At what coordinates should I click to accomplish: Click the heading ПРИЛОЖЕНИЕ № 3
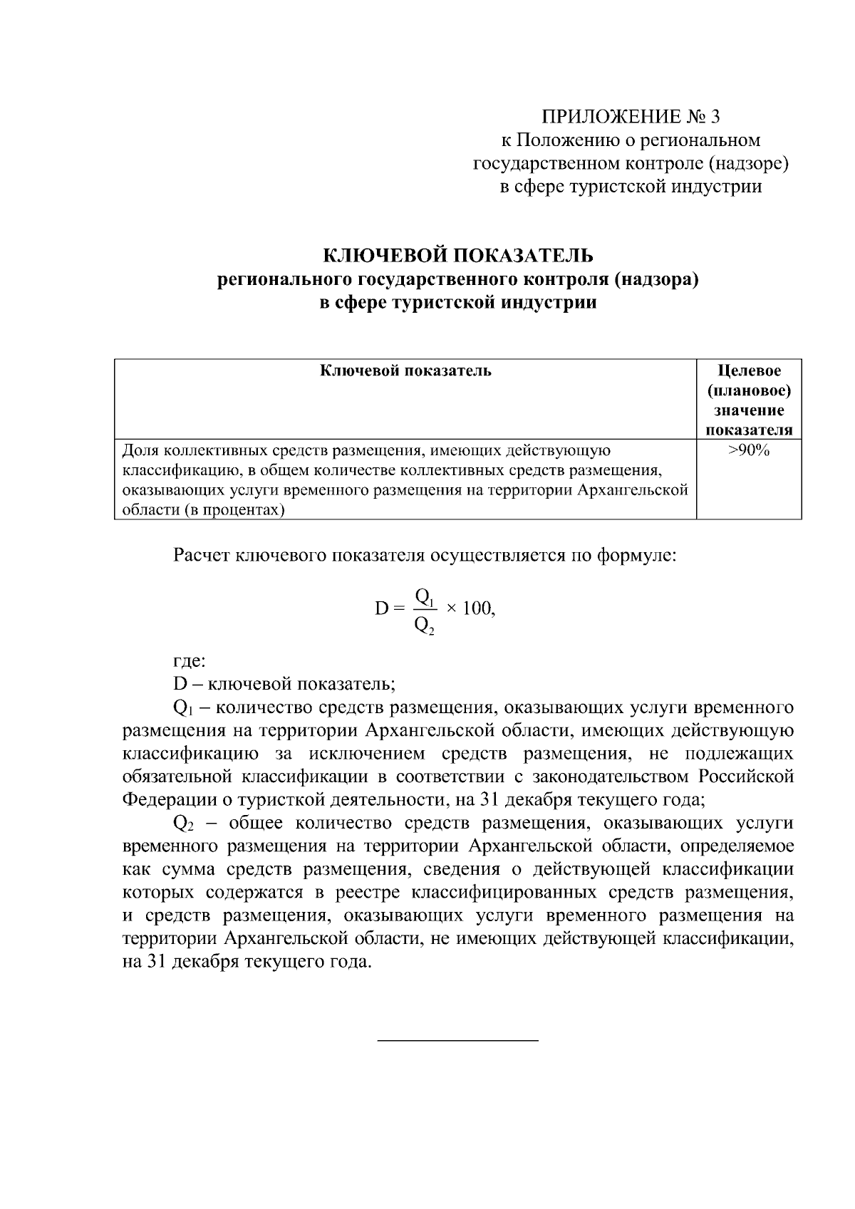coord(636,116)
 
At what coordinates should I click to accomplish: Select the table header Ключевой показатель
coord(405,370)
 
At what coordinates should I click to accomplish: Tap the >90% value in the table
coord(749,450)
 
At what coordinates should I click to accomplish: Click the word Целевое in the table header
coord(749,370)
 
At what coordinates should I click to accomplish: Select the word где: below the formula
coord(190,660)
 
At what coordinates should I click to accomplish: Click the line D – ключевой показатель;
coord(284,684)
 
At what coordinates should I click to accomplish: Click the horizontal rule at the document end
coord(457,1041)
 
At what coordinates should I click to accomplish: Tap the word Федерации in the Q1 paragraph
coord(164,799)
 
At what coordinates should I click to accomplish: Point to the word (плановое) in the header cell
coord(749,390)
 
